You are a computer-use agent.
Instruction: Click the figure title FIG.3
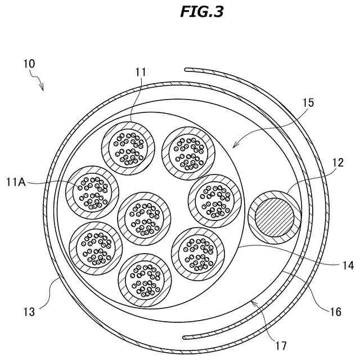pyautogui.click(x=202, y=12)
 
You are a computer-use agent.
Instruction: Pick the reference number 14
pyautogui.click(x=348, y=265)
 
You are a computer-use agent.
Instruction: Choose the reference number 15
pyautogui.click(x=308, y=103)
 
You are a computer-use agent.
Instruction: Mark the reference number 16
pyautogui.click(x=335, y=311)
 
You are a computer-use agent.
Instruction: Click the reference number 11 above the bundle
pyautogui.click(x=141, y=72)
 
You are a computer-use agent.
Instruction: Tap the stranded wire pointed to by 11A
pyautogui.click(x=92, y=192)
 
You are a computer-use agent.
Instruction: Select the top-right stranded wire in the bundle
pyautogui.click(x=188, y=149)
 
